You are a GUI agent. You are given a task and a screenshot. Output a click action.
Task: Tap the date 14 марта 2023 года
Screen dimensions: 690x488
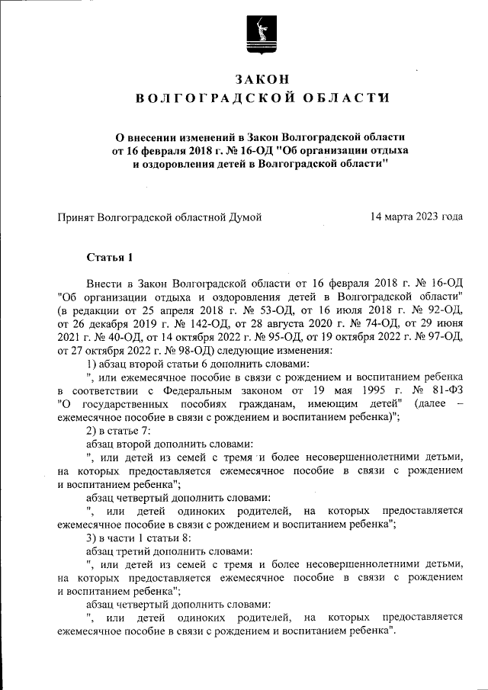click(x=416, y=217)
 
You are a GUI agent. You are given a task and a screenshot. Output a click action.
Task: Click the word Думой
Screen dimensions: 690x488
click(x=246, y=217)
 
